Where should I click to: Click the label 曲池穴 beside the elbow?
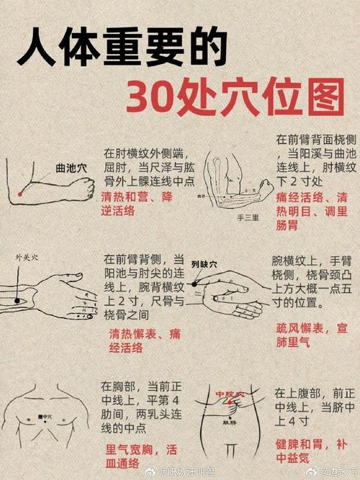click(71, 168)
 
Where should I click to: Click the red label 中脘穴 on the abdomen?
click(231, 395)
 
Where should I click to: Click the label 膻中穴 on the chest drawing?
click(43, 416)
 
